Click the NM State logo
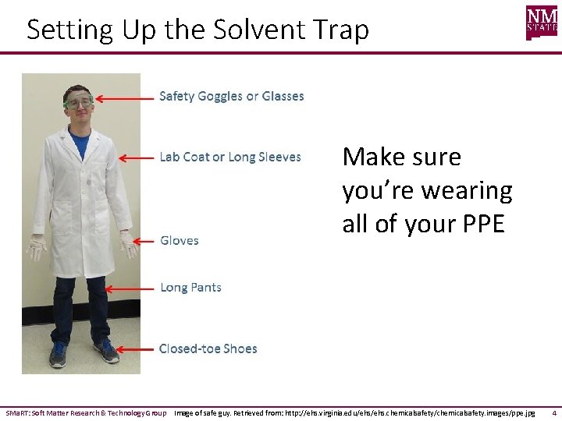pos(542,23)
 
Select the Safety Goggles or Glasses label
pos(232,97)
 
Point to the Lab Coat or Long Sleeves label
pos(230,157)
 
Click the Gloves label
pos(180,241)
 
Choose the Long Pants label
pos(190,288)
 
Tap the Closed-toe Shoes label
pos(208,349)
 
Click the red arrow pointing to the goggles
pos(124,99)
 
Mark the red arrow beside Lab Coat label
pos(136,157)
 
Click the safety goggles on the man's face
pos(78,101)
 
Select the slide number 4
pos(553,412)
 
